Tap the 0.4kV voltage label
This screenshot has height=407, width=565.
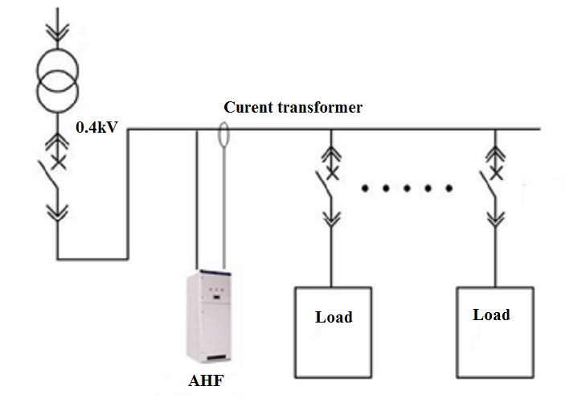(x=97, y=126)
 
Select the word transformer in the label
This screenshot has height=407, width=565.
(x=323, y=107)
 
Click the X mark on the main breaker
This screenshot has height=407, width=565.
(x=58, y=163)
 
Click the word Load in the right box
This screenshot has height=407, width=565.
(x=491, y=314)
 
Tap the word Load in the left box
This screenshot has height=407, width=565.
(x=334, y=317)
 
